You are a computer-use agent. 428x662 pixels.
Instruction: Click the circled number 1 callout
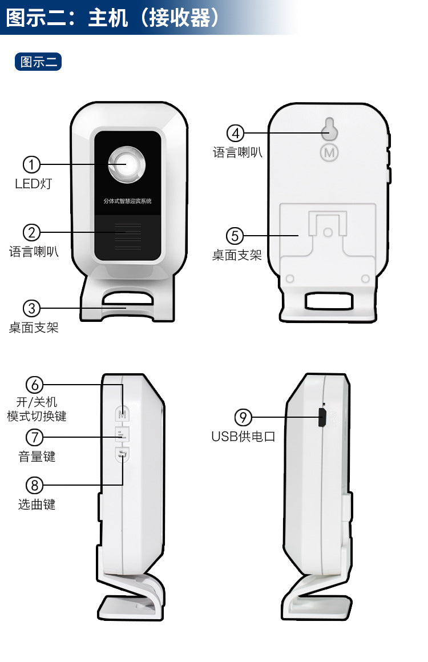pyautogui.click(x=31, y=165)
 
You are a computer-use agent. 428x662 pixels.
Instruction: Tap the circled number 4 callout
pyautogui.click(x=235, y=134)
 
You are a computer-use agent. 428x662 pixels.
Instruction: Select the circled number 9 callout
pyautogui.click(x=243, y=418)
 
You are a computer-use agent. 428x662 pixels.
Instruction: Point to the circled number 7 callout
pyautogui.click(x=35, y=438)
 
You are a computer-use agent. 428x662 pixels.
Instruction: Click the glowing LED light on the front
pyautogui.click(x=127, y=164)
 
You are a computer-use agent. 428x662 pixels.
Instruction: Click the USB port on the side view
pyautogui.click(x=321, y=418)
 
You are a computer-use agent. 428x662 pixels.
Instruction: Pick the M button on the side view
pyautogui.click(x=122, y=413)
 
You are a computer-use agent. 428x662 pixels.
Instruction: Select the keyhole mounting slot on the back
pyautogui.click(x=329, y=130)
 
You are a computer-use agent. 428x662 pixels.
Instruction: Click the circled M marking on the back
pyautogui.click(x=329, y=152)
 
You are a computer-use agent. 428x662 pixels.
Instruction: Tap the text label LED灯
pyautogui.click(x=33, y=184)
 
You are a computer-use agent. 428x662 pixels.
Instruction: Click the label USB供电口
pyautogui.click(x=243, y=437)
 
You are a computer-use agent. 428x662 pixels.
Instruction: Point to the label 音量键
pyautogui.click(x=37, y=457)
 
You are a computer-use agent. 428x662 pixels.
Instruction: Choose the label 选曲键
pyautogui.click(x=37, y=504)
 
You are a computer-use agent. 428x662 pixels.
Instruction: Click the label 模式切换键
pyautogui.click(x=37, y=416)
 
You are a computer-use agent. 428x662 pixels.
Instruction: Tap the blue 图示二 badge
pyautogui.click(x=38, y=62)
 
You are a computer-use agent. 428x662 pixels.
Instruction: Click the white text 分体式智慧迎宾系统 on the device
pyautogui.click(x=127, y=201)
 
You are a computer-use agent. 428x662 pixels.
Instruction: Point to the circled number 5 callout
pyautogui.click(x=235, y=236)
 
